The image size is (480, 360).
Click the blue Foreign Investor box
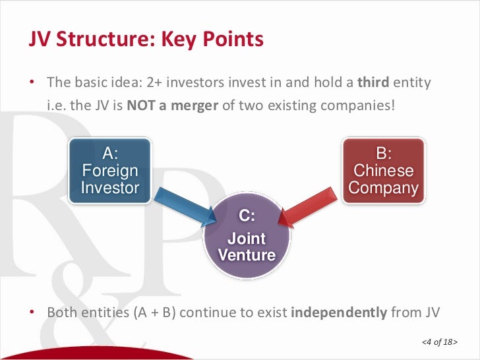(x=109, y=171)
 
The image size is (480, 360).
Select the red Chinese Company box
(x=383, y=171)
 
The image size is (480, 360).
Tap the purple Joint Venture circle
(x=247, y=238)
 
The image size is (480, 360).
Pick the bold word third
(x=373, y=83)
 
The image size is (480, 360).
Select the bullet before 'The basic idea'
(x=32, y=83)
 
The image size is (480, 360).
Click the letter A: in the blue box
(x=110, y=154)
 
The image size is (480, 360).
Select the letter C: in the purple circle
(x=247, y=216)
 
